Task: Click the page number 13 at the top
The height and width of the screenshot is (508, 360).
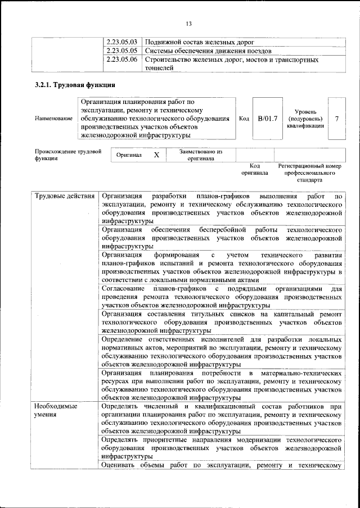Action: [189, 23]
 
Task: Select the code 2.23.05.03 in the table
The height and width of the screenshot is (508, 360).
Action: [122, 42]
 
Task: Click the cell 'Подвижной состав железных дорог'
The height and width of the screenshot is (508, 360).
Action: [200, 42]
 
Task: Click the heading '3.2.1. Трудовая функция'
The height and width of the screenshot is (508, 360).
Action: [75, 85]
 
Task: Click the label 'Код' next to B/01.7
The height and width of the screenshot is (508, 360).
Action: [244, 119]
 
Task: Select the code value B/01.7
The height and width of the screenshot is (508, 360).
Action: [268, 119]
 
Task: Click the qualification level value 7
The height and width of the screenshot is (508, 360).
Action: [336, 119]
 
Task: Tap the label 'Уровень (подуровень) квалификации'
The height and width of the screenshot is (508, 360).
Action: [304, 119]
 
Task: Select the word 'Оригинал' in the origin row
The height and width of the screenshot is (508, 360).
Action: [129, 155]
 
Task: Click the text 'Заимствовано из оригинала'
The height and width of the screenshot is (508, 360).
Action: [201, 155]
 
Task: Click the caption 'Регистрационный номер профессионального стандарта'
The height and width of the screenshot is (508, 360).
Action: [310, 174]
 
